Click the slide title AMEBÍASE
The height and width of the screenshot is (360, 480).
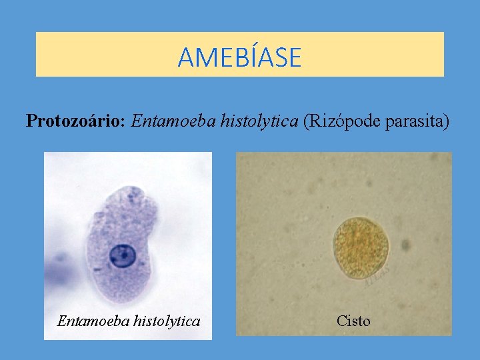pos(239,57)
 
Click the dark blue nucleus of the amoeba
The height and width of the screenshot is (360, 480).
pos(122,254)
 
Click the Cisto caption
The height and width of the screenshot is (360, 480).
pos(353,321)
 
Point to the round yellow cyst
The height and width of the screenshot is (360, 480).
pos(361,247)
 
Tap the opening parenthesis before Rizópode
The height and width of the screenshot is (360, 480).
pos(306,121)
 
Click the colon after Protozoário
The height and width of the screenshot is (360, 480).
pos(125,122)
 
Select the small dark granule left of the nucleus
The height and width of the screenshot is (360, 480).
pos(98,269)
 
